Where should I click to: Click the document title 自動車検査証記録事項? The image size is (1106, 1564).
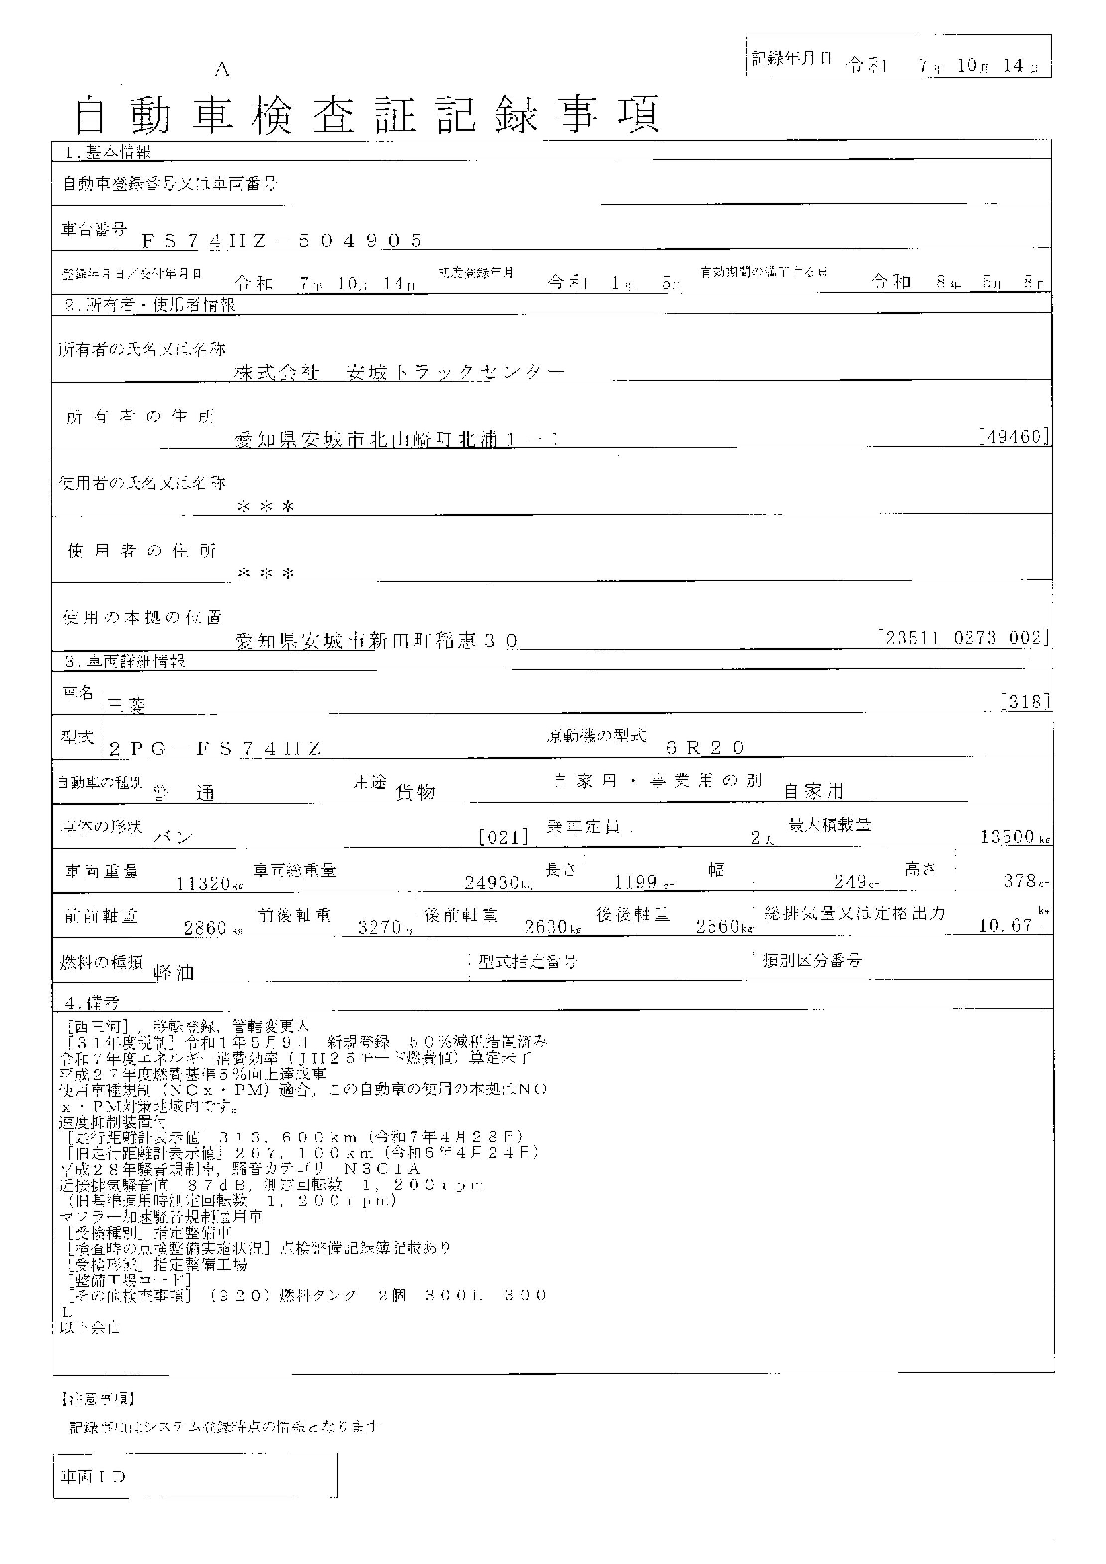367,115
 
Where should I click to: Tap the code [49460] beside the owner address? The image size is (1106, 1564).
1013,436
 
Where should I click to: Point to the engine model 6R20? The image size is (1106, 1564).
705,748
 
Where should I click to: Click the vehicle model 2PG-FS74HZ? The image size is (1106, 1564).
215,749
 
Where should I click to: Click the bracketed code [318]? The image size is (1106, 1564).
1024,702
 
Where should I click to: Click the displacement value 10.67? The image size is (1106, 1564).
1006,925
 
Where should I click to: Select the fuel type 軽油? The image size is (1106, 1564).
174,972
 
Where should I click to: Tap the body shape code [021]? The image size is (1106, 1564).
504,837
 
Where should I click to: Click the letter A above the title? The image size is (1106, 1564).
222,70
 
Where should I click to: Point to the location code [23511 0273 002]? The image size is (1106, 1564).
964,638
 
